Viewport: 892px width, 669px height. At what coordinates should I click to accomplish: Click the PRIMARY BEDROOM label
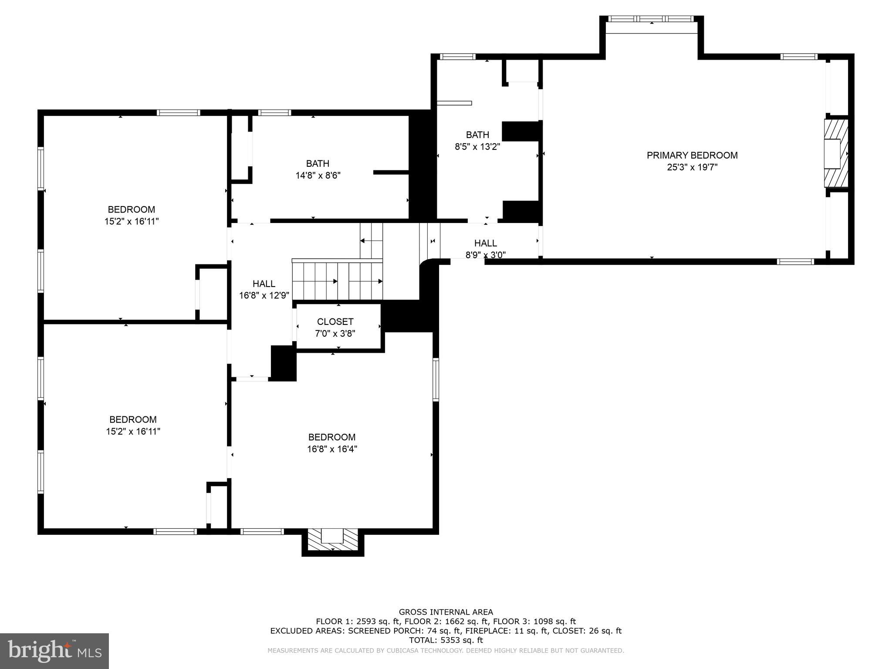click(x=692, y=155)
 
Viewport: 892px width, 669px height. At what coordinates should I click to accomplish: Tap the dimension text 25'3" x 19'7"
click(x=692, y=167)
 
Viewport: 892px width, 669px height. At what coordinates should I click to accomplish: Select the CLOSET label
click(x=335, y=321)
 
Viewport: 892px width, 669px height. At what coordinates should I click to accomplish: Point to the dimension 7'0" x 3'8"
click(x=335, y=334)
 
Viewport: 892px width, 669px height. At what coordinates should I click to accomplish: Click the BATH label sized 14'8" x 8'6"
click(x=318, y=163)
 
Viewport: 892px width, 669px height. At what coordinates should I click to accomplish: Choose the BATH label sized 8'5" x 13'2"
click(x=477, y=135)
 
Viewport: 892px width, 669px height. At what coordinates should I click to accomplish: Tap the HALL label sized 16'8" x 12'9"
click(x=264, y=284)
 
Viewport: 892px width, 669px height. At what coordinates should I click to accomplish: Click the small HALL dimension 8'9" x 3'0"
click(x=485, y=255)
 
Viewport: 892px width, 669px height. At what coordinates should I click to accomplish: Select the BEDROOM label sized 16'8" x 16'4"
click(x=332, y=437)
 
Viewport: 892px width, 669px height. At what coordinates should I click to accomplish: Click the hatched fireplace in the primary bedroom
click(x=835, y=153)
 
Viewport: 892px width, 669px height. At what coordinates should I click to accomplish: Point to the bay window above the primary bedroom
click(x=651, y=19)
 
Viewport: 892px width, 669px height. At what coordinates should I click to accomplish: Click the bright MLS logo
click(x=54, y=651)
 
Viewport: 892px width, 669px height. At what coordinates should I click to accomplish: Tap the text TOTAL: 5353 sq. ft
click(x=446, y=640)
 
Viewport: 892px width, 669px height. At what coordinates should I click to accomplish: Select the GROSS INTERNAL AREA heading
click(x=446, y=612)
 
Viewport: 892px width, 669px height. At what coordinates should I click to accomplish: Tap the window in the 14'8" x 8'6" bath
click(x=274, y=113)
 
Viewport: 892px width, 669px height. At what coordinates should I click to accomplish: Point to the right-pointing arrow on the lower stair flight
click(x=334, y=281)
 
